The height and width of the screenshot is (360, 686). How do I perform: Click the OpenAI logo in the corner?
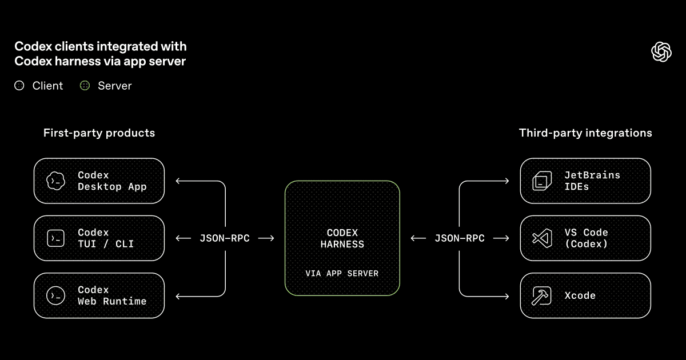click(x=661, y=51)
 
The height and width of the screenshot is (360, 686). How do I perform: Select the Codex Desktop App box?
click(x=99, y=181)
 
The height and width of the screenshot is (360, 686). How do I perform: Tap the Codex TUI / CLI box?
click(x=99, y=238)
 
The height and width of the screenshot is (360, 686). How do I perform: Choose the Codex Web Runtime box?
click(x=99, y=295)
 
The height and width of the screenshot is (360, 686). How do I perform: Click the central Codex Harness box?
click(x=342, y=238)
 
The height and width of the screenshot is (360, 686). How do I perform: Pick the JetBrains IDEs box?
click(x=585, y=181)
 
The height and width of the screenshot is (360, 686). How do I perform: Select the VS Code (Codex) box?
click(x=585, y=238)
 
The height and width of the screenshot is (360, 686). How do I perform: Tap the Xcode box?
click(x=585, y=295)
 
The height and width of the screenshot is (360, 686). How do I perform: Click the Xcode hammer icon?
click(x=541, y=295)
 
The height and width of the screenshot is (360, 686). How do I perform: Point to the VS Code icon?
click(x=541, y=238)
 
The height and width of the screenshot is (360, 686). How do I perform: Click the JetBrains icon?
click(x=541, y=181)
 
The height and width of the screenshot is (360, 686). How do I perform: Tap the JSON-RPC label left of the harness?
click(x=225, y=238)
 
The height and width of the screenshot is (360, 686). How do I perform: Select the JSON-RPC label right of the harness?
click(x=460, y=238)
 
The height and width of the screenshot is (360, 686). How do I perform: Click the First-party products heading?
click(x=99, y=133)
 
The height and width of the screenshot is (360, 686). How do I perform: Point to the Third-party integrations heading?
click(x=585, y=133)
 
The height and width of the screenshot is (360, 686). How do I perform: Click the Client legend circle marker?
click(x=19, y=86)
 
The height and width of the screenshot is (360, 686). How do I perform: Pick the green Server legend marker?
click(x=85, y=86)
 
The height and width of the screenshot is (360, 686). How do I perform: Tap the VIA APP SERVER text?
click(x=342, y=274)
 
